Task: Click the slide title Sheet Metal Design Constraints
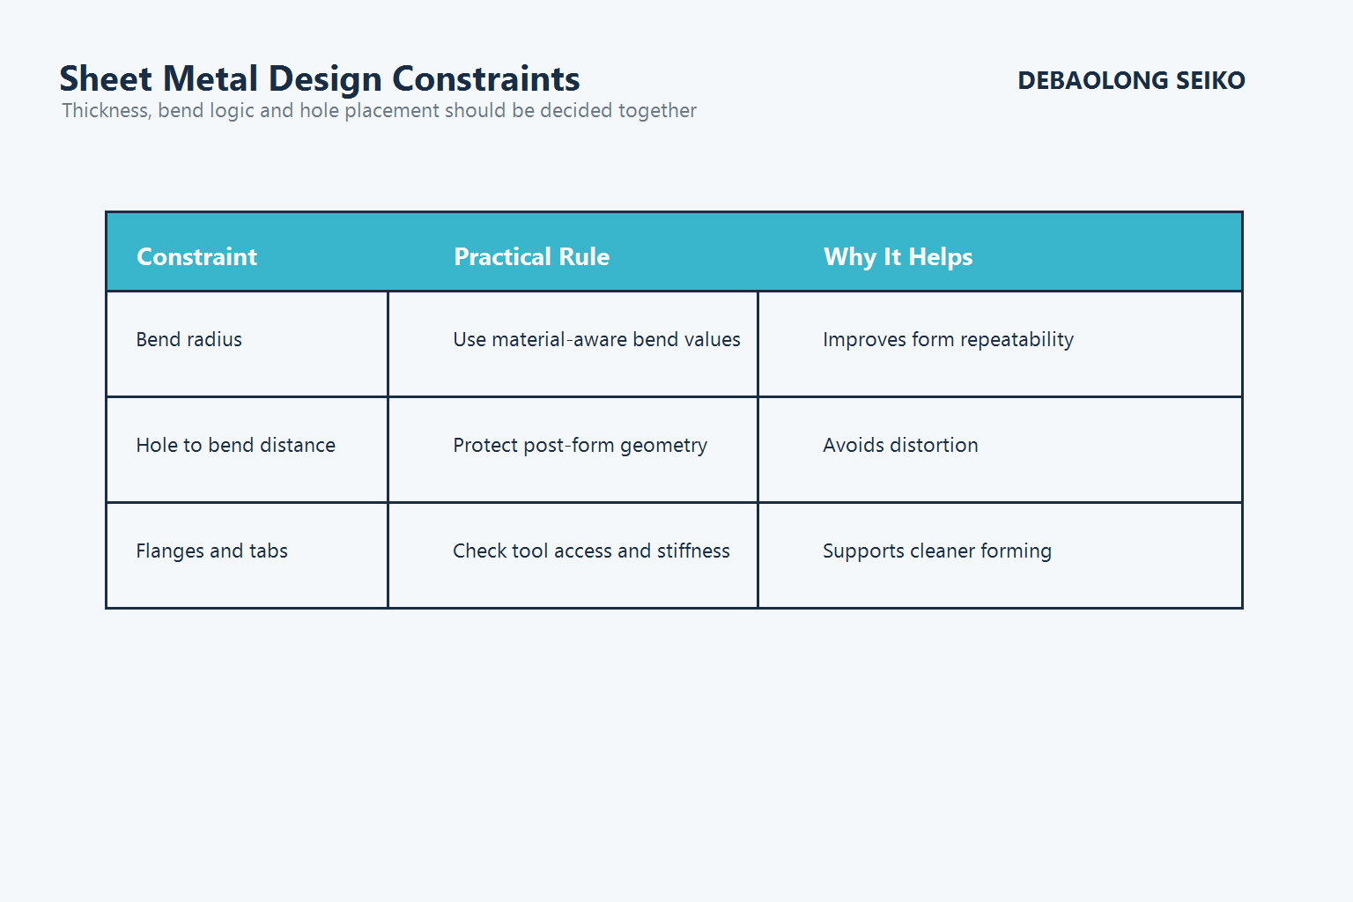pyautogui.click(x=319, y=79)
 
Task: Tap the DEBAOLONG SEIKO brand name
pyautogui.click(x=1131, y=81)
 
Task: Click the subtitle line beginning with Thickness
pyautogui.click(x=379, y=111)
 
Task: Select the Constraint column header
pyautogui.click(x=196, y=256)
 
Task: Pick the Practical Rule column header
pyautogui.click(x=531, y=256)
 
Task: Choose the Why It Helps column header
pyautogui.click(x=898, y=256)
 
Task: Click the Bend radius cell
pyautogui.click(x=189, y=340)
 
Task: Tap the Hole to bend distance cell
pyautogui.click(x=235, y=446)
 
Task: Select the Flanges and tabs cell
pyautogui.click(x=211, y=551)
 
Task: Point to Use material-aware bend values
pyautogui.click(x=596, y=340)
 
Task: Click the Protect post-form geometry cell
pyautogui.click(x=580, y=446)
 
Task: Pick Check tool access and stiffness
pyautogui.click(x=591, y=551)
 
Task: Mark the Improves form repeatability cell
pyautogui.click(x=948, y=340)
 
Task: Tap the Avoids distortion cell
pyautogui.click(x=900, y=446)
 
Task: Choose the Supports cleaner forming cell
pyautogui.click(x=936, y=551)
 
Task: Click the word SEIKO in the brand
pyautogui.click(x=1210, y=81)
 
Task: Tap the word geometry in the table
pyautogui.click(x=663, y=446)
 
